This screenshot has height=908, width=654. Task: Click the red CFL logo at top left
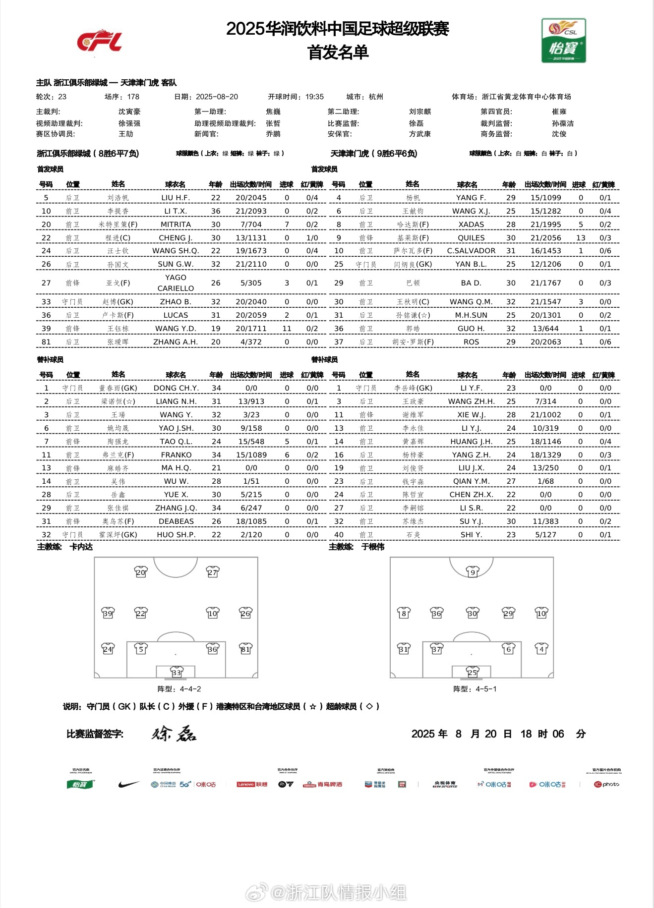click(x=99, y=41)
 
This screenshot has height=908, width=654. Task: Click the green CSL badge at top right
click(x=564, y=41)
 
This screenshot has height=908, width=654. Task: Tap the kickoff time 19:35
click(x=314, y=97)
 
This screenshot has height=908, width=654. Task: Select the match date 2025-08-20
click(x=217, y=97)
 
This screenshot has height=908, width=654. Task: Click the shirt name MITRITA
click(x=176, y=225)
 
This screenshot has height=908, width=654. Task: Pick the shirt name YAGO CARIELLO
click(x=176, y=283)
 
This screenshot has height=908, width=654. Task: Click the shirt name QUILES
click(x=471, y=238)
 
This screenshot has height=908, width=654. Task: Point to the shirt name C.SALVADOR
click(x=471, y=251)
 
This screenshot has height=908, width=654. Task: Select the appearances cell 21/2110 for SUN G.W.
click(x=251, y=264)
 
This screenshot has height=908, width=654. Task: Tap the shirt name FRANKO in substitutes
click(x=176, y=455)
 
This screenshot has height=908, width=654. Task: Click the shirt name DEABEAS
click(x=176, y=521)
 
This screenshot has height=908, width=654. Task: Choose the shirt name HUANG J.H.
click(x=471, y=442)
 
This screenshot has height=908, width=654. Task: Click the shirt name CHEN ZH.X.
click(x=471, y=495)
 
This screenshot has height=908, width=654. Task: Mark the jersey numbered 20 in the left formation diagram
click(x=141, y=572)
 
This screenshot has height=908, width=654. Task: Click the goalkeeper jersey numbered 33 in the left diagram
click(x=177, y=673)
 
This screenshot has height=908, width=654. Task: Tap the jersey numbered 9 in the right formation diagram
click(x=473, y=572)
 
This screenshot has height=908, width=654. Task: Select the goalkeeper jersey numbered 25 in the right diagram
click(x=473, y=673)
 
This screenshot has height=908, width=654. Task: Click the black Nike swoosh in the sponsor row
click(x=129, y=785)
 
